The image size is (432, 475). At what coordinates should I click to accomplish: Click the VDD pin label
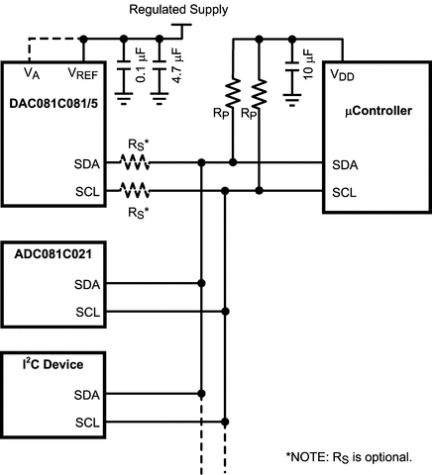(342, 75)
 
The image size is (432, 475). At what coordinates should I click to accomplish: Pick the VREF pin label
(82, 71)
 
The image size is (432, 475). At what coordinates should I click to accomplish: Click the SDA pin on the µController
(344, 165)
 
